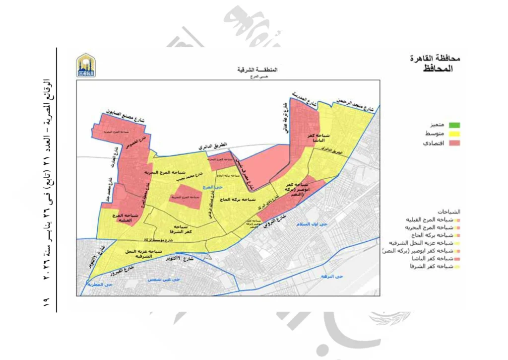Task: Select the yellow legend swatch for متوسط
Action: coord(454,134)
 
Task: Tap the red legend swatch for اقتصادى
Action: coord(454,143)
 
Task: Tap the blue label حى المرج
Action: coord(211,187)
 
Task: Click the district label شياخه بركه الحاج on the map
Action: coord(240,199)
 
